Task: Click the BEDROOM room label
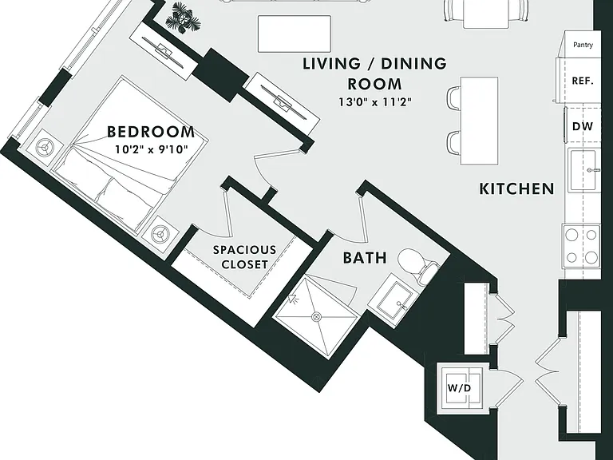pyautogui.click(x=151, y=132)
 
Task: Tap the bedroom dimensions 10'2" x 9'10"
pyautogui.click(x=152, y=149)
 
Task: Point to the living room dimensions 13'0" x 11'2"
pyautogui.click(x=375, y=102)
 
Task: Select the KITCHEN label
pyautogui.click(x=516, y=189)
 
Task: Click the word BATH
pyautogui.click(x=365, y=258)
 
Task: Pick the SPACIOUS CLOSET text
pyautogui.click(x=245, y=257)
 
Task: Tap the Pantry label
pyautogui.click(x=583, y=45)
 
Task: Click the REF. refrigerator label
pyautogui.click(x=583, y=81)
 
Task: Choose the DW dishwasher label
pyautogui.click(x=583, y=126)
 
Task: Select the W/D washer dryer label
pyautogui.click(x=460, y=388)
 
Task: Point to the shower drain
pyautogui.click(x=316, y=316)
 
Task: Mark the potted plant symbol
pyautogui.click(x=183, y=18)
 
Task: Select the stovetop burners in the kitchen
pyautogui.click(x=581, y=246)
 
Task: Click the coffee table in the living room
pyautogui.click(x=295, y=34)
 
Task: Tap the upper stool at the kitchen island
pyautogui.click(x=454, y=98)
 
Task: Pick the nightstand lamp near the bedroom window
pyautogui.click(x=47, y=148)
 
